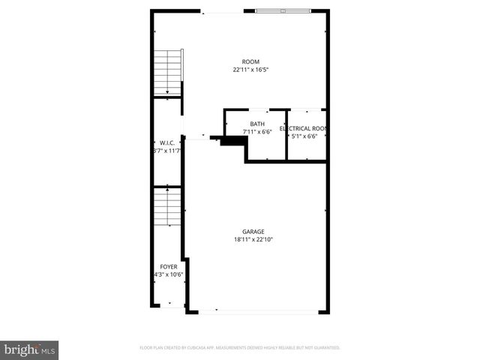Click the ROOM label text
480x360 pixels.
250,61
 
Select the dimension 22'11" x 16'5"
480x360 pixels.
250,70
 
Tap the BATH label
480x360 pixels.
257,124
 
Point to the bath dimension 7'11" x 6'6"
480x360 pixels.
257,132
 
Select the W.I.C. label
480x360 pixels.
166,142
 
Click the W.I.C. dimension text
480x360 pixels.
166,151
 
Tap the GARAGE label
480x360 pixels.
253,232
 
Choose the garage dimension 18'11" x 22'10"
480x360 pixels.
253,240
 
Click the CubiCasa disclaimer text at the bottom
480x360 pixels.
240,348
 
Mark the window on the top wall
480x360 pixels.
283,11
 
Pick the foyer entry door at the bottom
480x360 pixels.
169,306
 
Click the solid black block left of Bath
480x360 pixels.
229,140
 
